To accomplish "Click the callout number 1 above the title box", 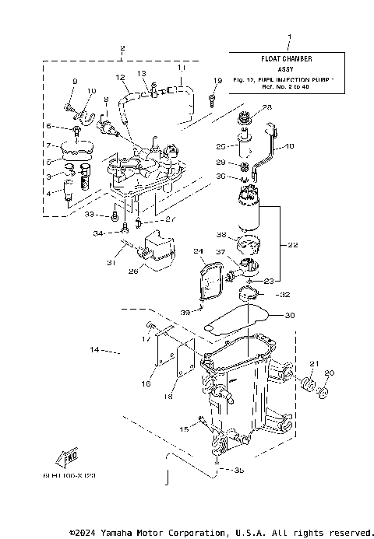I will (x=289, y=38).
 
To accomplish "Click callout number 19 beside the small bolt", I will (x=217, y=82).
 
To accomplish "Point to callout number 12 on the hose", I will (x=121, y=78).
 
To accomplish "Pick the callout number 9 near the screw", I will (x=76, y=82).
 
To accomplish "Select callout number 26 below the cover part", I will (x=132, y=271).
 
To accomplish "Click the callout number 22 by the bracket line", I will (x=293, y=245).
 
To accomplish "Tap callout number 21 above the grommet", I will (x=315, y=365).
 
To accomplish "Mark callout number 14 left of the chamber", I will (x=95, y=351).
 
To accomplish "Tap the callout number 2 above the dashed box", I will (x=122, y=49).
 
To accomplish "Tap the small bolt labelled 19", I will (x=212, y=98).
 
